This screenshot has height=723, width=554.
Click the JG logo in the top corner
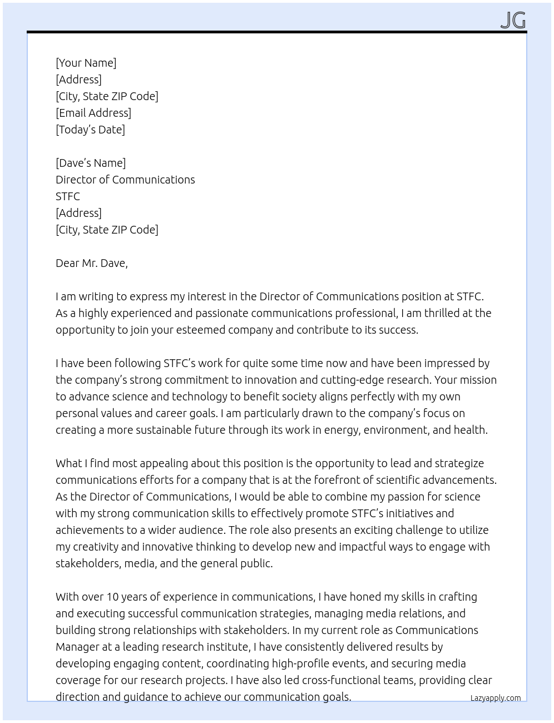pyautogui.click(x=513, y=21)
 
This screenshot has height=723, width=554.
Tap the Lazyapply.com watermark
pyautogui.click(x=496, y=698)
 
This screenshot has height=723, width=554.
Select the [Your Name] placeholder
pyautogui.click(x=86, y=63)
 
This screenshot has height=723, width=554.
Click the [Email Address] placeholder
pyautogui.click(x=93, y=113)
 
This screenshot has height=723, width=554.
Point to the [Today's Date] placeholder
pyautogui.click(x=90, y=130)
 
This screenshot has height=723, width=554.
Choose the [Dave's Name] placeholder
pyautogui.click(x=91, y=163)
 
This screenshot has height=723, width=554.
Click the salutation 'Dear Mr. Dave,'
pyautogui.click(x=92, y=263)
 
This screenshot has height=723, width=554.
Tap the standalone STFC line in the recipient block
pyautogui.click(x=68, y=196)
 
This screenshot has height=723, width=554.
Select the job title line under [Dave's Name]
pyautogui.click(x=125, y=180)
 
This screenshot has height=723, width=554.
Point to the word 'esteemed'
pyautogui.click(x=201, y=330)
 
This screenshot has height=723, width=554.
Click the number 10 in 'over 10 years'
pyautogui.click(x=112, y=597)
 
